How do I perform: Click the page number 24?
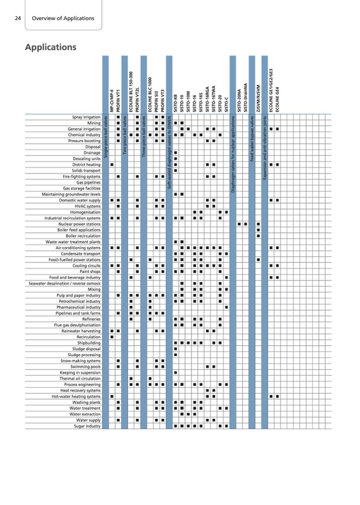18,18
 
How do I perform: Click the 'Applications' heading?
51,47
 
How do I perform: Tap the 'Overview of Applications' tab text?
63,18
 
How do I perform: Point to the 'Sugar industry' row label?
87,426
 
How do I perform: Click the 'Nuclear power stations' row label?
80,224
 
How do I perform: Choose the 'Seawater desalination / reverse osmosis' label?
65,283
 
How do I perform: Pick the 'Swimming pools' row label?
86,367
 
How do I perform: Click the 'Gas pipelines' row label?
88,182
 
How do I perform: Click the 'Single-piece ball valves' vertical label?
105,137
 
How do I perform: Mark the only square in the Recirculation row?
112,337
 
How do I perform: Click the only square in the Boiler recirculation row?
258,236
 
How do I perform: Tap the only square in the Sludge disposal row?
176,349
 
